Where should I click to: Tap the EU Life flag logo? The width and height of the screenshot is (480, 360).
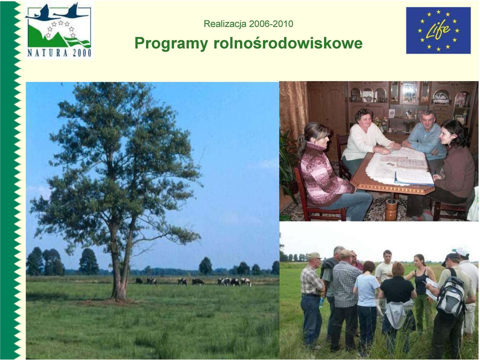[x=438, y=30]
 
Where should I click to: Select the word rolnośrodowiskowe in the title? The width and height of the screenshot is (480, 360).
[x=288, y=43]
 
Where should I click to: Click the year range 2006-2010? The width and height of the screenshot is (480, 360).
[x=271, y=24]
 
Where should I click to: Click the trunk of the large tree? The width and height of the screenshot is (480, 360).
[x=119, y=263]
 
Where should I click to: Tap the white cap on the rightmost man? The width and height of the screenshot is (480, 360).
[x=461, y=251]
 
